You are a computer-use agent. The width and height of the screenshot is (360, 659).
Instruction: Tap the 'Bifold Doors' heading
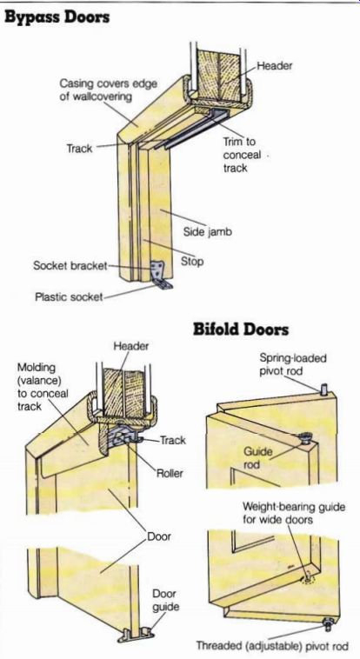(241, 329)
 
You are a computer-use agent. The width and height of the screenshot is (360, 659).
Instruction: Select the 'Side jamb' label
(207, 232)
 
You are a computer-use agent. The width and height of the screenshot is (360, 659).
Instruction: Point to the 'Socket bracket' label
(70, 266)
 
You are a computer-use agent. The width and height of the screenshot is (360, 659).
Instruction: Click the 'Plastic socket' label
(69, 297)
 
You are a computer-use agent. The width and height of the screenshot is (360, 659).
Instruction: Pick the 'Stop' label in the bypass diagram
(192, 262)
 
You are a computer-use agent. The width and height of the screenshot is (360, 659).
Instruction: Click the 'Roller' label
(170, 474)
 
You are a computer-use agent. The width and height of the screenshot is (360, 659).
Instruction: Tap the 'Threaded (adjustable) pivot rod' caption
(272, 646)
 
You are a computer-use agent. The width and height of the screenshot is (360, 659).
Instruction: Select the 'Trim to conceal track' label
(240, 155)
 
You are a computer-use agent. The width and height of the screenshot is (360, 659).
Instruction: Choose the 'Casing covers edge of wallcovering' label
(108, 90)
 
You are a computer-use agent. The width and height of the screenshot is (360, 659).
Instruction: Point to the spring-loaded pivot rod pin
(323, 389)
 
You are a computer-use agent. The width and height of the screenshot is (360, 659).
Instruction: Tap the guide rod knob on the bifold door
(304, 439)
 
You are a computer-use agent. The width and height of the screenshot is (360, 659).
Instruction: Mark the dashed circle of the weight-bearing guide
(309, 580)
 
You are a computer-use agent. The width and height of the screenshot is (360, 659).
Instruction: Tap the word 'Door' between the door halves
(159, 536)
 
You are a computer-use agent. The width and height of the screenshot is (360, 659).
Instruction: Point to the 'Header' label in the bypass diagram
(275, 65)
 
